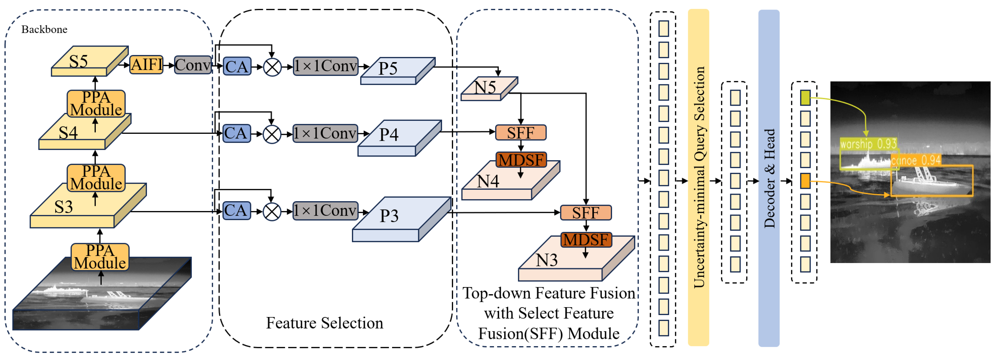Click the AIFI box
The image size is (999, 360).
click(146, 64)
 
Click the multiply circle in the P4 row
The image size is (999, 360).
click(272, 134)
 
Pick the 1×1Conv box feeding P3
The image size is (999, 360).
click(325, 211)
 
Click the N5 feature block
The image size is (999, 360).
click(486, 88)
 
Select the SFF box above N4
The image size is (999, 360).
click(521, 133)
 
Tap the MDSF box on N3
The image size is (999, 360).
click(586, 240)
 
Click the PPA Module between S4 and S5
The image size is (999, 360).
click(96, 104)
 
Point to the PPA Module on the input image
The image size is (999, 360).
click(100, 257)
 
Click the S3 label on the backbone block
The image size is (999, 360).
click(63, 207)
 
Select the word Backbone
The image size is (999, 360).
click(44, 30)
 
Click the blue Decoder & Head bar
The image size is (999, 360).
click(769, 178)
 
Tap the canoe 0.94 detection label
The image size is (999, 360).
click(915, 160)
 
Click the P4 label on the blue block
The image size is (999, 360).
click(389, 135)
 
